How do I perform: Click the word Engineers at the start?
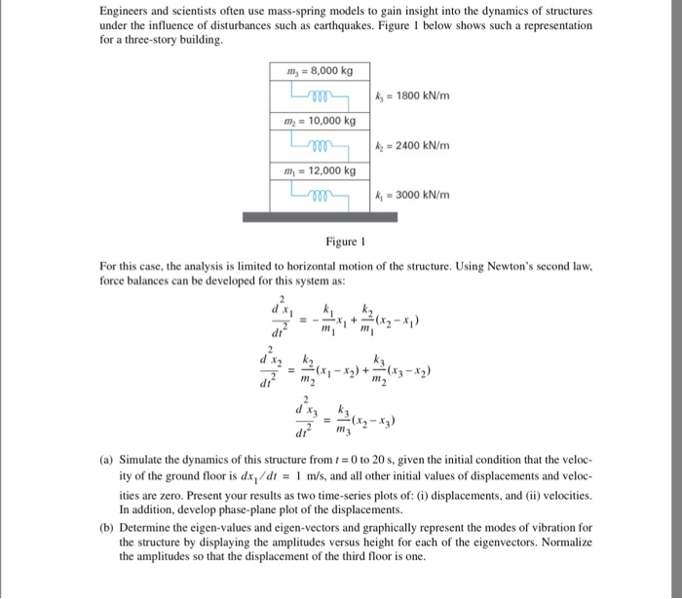point(125,12)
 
